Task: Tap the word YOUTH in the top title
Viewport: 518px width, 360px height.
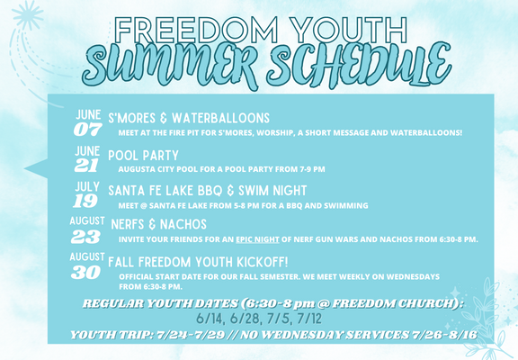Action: (350, 30)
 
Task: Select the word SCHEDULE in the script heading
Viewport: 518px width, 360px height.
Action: (360, 66)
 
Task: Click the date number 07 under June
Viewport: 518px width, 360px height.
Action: (88, 130)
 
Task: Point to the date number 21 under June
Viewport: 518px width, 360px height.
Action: (86, 166)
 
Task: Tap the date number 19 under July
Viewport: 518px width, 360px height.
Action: (85, 201)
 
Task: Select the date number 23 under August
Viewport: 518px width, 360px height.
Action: (85, 237)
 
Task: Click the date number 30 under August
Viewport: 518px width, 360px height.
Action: (85, 273)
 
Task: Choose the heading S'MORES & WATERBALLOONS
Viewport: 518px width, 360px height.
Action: (189, 118)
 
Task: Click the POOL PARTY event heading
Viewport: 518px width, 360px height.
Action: (143, 156)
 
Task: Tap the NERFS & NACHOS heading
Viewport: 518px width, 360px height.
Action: (159, 224)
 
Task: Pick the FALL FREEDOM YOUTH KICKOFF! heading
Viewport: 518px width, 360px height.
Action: (198, 262)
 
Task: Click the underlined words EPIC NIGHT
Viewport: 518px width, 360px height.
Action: (258, 239)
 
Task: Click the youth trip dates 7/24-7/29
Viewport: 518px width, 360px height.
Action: (191, 335)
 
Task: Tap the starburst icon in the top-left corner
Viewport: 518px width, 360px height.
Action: (27, 15)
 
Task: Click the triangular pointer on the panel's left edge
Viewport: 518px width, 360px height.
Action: (36, 168)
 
